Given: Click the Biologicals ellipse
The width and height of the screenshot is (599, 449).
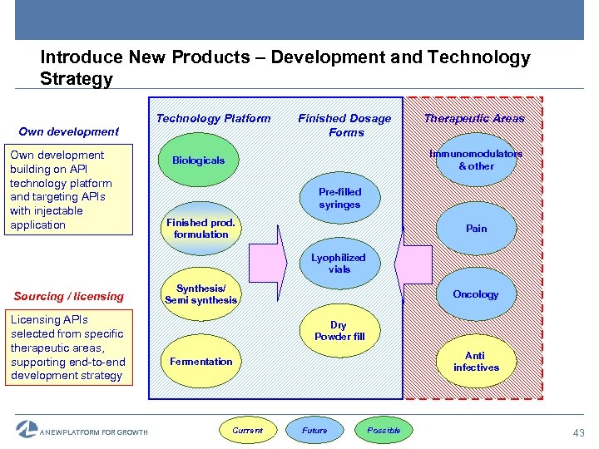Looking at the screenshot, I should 199,160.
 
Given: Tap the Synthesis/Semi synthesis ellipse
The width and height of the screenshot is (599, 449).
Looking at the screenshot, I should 200,294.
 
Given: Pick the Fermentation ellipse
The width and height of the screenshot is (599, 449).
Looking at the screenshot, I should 200,361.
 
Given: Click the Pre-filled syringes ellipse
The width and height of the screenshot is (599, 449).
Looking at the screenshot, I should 339,198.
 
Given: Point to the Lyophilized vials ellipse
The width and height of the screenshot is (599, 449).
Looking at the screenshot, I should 339,264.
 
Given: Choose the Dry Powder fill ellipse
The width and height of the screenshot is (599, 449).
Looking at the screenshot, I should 339,330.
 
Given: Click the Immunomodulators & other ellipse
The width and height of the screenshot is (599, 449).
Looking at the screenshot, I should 476,160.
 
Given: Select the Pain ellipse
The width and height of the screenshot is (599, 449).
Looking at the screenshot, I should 476,229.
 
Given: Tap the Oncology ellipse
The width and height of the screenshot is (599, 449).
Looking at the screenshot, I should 476,294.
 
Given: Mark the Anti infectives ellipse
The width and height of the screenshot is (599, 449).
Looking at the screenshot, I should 476,361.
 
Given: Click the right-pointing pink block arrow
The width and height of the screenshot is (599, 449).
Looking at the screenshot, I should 269,264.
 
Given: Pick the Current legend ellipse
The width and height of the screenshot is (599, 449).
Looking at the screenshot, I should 247,430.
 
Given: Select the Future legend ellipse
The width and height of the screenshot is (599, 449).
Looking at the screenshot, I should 314,430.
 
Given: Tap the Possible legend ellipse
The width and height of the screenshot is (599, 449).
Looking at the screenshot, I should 384,430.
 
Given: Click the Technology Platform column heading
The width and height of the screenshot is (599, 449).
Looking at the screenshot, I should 213,118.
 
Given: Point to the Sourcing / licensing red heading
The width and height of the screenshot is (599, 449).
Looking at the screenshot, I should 69,296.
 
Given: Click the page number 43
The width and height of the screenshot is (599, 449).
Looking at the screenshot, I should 578,432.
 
